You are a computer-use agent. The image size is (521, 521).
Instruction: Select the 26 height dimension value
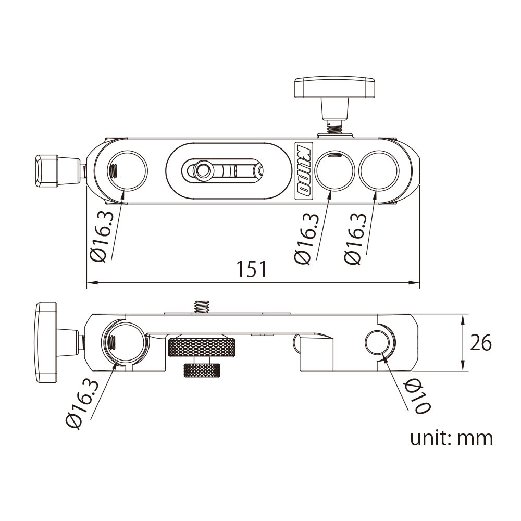click(481, 343)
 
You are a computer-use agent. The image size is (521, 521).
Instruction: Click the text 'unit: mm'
click(451, 438)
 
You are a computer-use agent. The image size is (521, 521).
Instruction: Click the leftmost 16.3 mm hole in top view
click(127, 170)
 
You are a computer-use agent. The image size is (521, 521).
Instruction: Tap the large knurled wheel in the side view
click(201, 347)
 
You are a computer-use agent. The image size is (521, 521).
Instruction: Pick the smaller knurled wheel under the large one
click(201, 370)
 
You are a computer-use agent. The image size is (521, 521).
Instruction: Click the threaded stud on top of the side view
click(201, 306)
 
